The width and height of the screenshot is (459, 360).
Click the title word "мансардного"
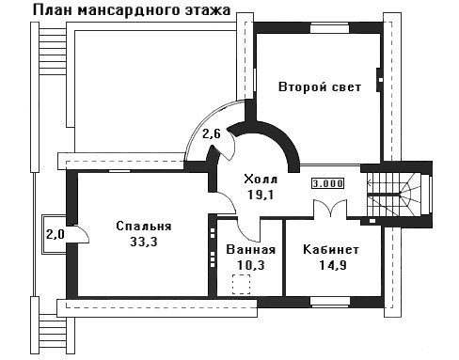tap(129, 10)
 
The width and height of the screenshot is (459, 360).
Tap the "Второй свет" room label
tap(320, 86)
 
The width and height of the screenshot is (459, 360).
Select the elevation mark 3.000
tap(328, 183)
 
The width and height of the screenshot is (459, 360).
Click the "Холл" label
tap(261, 180)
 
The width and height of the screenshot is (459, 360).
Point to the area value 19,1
tap(261, 195)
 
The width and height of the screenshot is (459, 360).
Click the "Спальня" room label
tap(144, 227)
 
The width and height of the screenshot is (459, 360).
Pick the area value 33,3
tap(144, 242)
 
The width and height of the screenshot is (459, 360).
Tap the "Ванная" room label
tap(251, 250)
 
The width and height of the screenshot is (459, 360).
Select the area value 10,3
tap(251, 265)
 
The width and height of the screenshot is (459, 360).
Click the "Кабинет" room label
tap(331, 250)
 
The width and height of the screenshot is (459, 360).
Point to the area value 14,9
tap(333, 265)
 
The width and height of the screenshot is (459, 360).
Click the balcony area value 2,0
tap(55, 234)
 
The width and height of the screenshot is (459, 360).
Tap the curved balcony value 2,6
tap(212, 134)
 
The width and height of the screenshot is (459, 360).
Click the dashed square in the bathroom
tap(241, 284)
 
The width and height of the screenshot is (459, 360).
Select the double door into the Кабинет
tap(331, 209)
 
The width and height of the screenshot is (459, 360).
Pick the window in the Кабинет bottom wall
tap(330, 302)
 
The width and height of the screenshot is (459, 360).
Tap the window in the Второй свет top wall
tap(329, 28)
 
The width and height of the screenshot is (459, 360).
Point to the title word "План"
tap(53, 10)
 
